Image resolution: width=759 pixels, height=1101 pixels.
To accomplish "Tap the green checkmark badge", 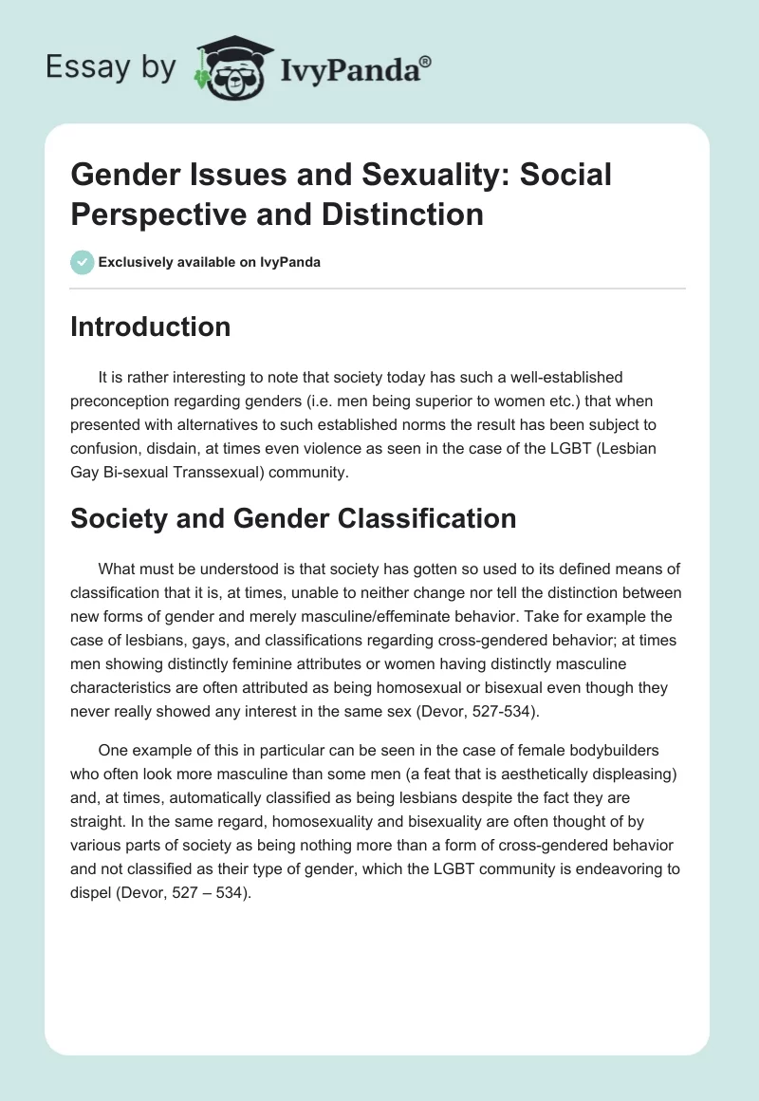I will tap(83, 262).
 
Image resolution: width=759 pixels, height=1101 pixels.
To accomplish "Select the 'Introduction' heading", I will tap(151, 327).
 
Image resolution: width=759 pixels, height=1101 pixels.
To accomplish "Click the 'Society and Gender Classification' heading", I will tap(293, 518).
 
